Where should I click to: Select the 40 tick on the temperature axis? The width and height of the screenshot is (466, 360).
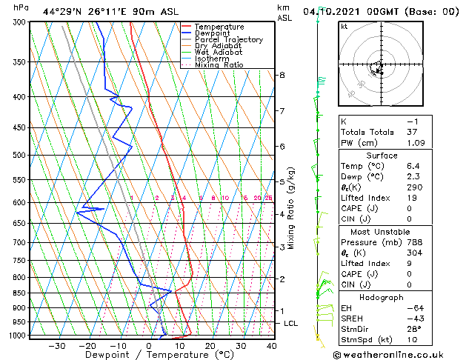click(271, 345)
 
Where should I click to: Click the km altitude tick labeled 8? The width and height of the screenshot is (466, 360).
click(282, 75)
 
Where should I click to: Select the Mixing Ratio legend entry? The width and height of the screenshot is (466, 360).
click(218, 65)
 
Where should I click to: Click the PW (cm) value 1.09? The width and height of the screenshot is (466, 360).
click(412, 142)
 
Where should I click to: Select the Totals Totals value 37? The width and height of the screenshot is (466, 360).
click(413, 132)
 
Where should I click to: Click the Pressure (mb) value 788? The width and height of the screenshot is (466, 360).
click(413, 241)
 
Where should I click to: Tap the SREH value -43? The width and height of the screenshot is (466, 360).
click(413, 318)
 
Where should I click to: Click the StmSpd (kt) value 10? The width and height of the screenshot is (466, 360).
click(413, 339)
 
